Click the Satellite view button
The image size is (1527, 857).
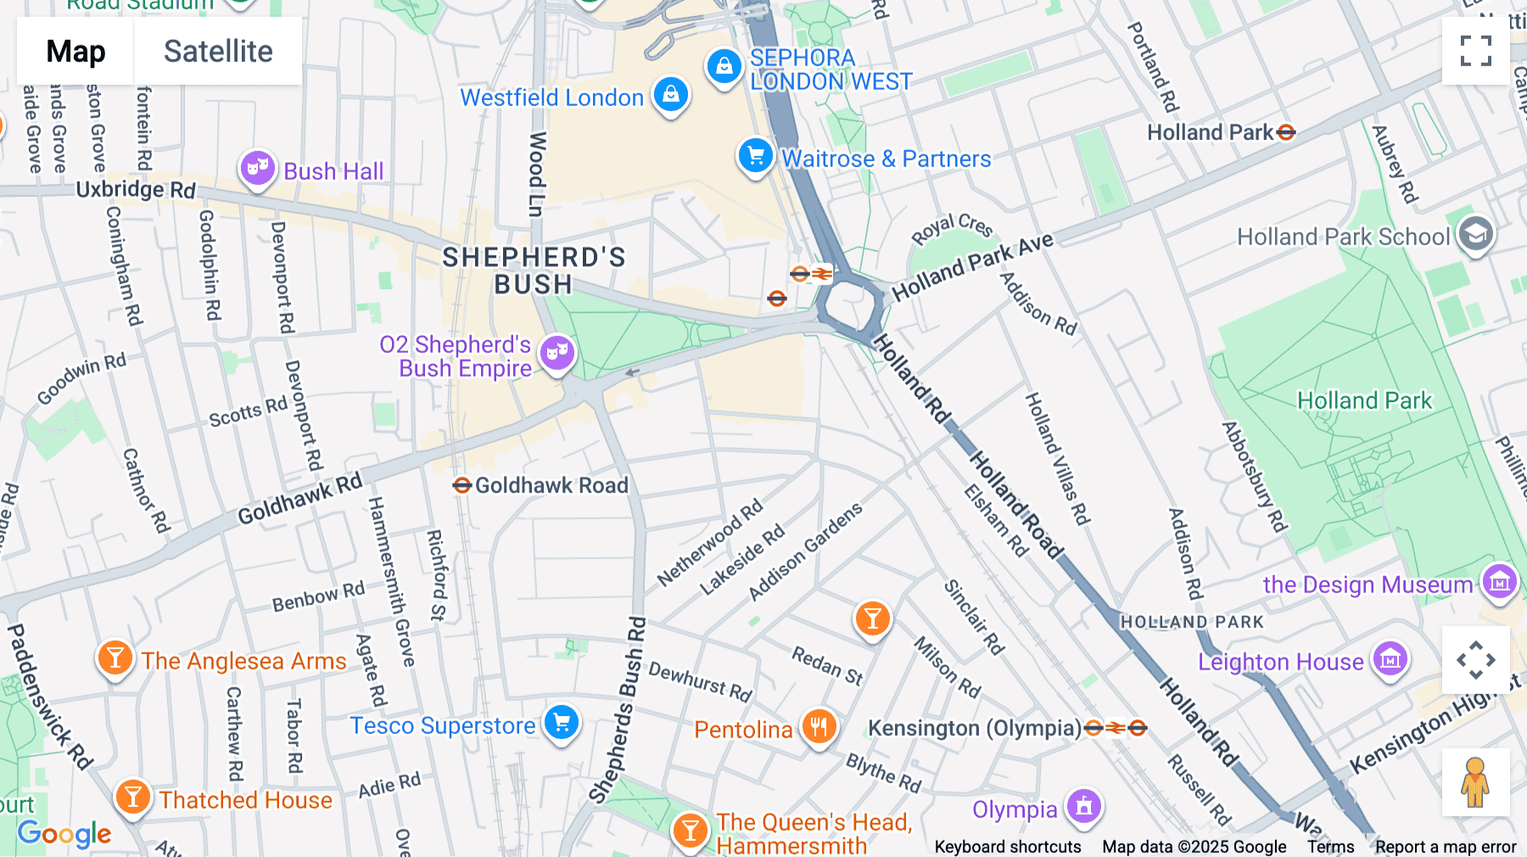[218, 52]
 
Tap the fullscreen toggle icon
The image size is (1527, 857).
[1475, 51]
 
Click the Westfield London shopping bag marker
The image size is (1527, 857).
[671, 95]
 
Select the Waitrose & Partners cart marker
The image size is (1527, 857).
[755, 156]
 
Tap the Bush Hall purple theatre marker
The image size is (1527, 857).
[257, 168]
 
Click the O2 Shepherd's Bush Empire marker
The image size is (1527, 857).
[557, 351]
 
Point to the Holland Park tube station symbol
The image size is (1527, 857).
[1286, 132]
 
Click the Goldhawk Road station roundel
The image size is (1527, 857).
[461, 485]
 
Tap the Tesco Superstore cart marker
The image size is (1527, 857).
[561, 723]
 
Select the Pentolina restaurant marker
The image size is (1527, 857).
[819, 726]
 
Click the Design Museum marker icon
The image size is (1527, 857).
[1499, 582]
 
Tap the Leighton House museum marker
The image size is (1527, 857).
[1390, 658]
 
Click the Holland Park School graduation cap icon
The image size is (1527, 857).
[1475, 233]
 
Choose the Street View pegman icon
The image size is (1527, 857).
[1475, 782]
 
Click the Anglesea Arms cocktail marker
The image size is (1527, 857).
[115, 658]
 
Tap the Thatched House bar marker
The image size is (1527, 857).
[133, 797]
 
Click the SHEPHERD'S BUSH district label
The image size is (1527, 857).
[534, 271]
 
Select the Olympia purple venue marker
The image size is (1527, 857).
[1084, 806]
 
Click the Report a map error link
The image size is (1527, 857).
[1446, 847]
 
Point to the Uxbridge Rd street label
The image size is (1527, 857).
[136, 188]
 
